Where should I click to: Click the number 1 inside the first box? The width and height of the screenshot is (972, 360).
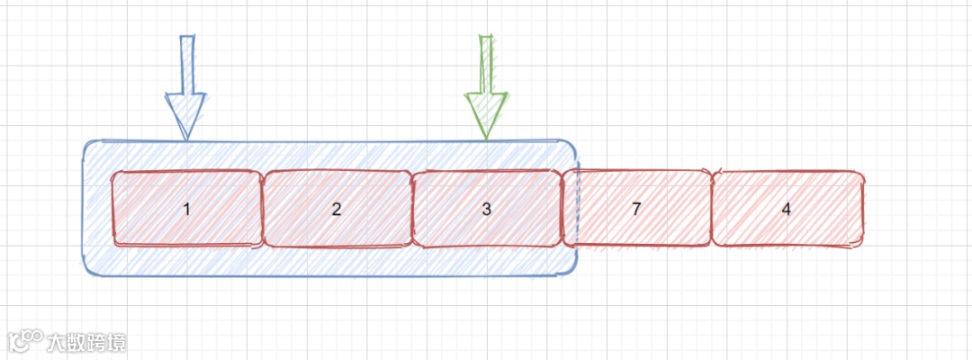click(x=186, y=210)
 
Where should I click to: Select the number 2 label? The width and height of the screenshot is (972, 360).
click(x=337, y=210)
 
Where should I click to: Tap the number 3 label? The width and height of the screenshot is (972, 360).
click(x=487, y=210)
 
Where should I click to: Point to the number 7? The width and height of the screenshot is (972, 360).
click(x=636, y=210)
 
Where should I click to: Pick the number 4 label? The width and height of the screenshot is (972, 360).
click(x=787, y=210)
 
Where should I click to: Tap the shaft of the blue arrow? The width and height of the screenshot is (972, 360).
click(x=187, y=63)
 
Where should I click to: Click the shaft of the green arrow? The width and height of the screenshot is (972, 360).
click(x=487, y=63)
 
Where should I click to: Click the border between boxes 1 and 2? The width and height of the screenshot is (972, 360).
click(x=262, y=209)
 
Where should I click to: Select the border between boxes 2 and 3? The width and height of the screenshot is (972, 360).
click(x=412, y=209)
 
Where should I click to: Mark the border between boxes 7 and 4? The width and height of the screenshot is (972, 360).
click(x=712, y=209)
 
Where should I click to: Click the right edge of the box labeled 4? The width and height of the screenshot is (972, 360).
click(x=863, y=209)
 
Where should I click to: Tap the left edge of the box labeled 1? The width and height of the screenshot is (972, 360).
click(x=112, y=209)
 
